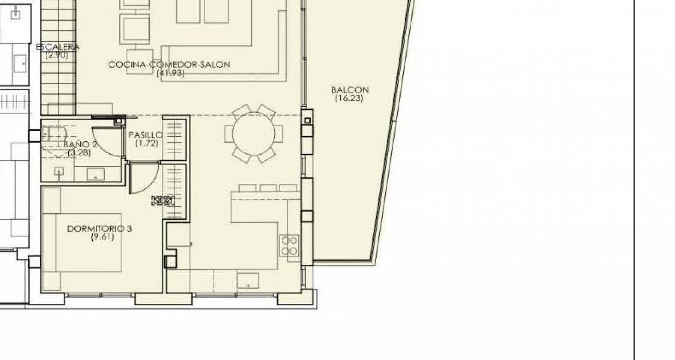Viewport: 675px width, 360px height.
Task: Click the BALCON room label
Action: pyautogui.click(x=349, y=90)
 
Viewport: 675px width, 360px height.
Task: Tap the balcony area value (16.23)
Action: pyautogui.click(x=349, y=98)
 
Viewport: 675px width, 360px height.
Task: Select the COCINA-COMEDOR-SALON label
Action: pyautogui.click(x=169, y=65)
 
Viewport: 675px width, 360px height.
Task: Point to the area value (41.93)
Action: pyautogui.click(x=171, y=73)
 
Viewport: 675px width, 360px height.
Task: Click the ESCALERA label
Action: pyautogui.click(x=58, y=47)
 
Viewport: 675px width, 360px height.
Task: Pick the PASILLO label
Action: pyautogui.click(x=146, y=135)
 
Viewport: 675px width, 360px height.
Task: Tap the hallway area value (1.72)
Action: pyautogui.click(x=147, y=143)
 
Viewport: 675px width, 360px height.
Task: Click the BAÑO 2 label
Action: pyautogui.click(x=80, y=144)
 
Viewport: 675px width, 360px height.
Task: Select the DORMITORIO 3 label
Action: pyautogui.click(x=99, y=229)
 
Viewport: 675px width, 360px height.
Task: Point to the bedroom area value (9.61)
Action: pyautogui.click(x=102, y=237)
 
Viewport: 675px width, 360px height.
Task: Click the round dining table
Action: pyautogui.click(x=253, y=134)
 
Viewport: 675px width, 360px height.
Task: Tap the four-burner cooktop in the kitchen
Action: pyautogui.click(x=290, y=245)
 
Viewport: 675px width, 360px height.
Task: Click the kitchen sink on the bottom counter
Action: pyautogui.click(x=248, y=280)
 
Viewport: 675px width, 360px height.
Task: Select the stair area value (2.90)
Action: pyautogui.click(x=57, y=55)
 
